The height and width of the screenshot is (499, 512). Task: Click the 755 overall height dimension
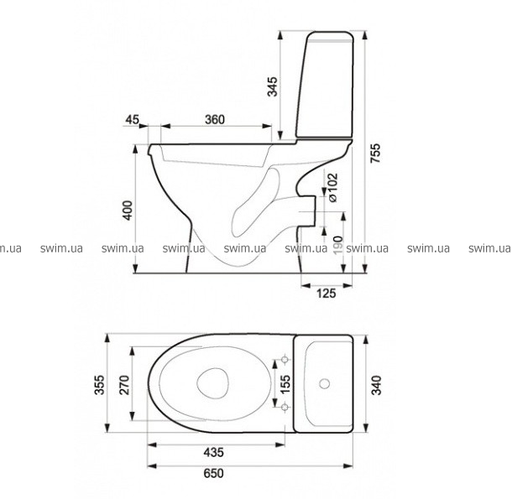pyautogui.click(x=376, y=153)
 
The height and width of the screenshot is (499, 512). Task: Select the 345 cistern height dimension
pyautogui.click(x=272, y=86)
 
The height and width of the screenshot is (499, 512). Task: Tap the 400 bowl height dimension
pyautogui.click(x=128, y=210)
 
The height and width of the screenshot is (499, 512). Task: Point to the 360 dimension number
pyautogui.click(x=215, y=119)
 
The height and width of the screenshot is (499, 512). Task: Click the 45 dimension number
pyautogui.click(x=133, y=119)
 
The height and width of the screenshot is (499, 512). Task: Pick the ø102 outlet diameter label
pyautogui.click(x=332, y=188)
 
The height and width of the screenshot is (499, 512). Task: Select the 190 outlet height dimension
pyautogui.click(x=338, y=245)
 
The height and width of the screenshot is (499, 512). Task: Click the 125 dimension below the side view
pyautogui.click(x=327, y=294)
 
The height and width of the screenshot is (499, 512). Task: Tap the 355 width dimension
pyautogui.click(x=100, y=385)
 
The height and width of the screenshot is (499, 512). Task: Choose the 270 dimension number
pyautogui.click(x=124, y=385)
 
